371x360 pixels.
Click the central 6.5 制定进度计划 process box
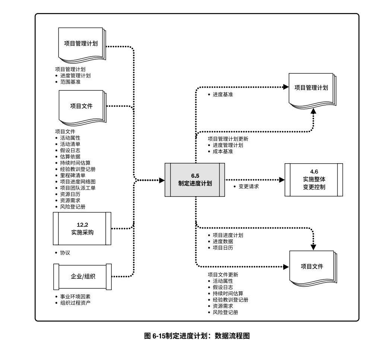tap(195, 180)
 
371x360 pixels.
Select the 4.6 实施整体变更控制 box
tap(314, 180)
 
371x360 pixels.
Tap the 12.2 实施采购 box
tap(82, 228)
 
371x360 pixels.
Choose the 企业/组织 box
tap(82, 276)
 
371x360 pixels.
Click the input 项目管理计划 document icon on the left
tap(82, 44)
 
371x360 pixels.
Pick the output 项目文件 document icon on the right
tap(312, 267)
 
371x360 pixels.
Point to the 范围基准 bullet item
tap(70, 82)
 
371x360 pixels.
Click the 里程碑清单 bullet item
tap(73, 175)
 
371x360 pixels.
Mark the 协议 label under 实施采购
tap(65, 253)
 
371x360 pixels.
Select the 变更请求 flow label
tap(249, 186)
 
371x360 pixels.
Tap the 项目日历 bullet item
tap(223, 248)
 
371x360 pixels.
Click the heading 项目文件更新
tap(223, 275)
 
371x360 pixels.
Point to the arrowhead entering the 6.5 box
tap(162, 180)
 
